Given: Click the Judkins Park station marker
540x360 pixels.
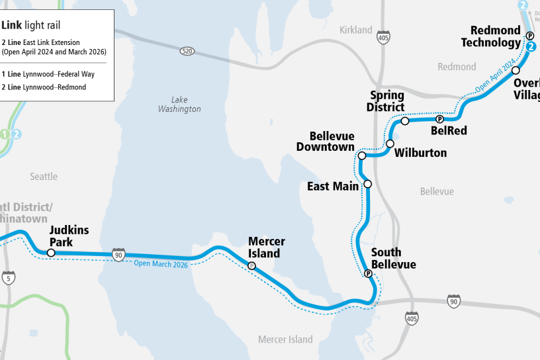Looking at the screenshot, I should tap(51, 253).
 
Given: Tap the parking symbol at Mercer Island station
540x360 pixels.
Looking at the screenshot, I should tap(251, 265).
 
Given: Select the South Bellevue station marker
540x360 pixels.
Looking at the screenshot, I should tap(368, 273).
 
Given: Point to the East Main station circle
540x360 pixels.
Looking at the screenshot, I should tap(368, 184).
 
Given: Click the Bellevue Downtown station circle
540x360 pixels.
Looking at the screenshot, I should tap(362, 156).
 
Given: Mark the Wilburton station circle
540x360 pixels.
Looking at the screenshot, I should tap(390, 144).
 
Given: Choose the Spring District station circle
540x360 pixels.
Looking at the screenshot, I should tap(405, 121).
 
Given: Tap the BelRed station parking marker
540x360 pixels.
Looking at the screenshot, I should tap(439, 119).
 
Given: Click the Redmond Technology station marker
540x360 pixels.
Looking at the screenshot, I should tap(529, 35).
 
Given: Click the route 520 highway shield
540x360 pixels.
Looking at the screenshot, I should tap(187, 51).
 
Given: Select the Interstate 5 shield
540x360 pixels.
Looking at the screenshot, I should tap(9, 277).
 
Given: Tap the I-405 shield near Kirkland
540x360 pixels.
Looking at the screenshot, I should tap(382, 38).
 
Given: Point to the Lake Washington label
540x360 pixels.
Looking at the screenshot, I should tap(179, 105).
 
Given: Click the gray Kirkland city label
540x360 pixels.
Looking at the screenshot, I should tap(356, 30).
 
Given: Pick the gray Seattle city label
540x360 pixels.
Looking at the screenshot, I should tap(44, 177).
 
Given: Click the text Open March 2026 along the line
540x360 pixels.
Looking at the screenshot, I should tap(161, 264).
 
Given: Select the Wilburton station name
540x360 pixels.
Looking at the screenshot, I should tap(420, 153).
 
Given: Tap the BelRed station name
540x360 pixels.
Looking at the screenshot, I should tap(449, 131).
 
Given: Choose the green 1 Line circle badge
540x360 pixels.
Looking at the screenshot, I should tap(6, 134).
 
